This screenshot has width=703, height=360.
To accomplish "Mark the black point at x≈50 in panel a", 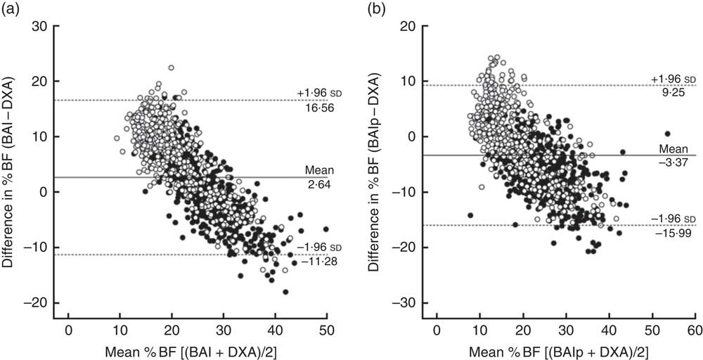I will point(326,229).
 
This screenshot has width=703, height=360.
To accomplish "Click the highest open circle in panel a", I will point(171,67).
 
